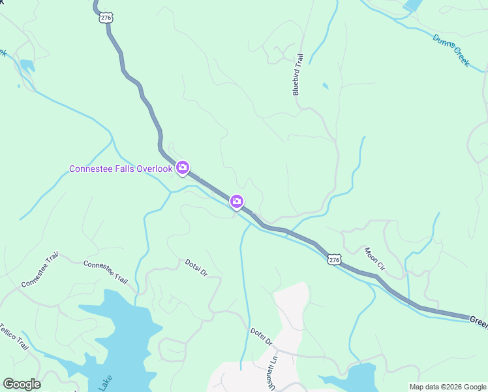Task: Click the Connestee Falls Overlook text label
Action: pos(121,169)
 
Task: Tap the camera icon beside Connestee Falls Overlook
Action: pos(183,168)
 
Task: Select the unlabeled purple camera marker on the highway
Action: pos(237,202)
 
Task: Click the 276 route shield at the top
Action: pos(106,18)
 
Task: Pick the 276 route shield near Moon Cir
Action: pos(334,260)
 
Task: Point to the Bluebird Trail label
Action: pos(299,76)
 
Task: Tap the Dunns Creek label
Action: pos(451,48)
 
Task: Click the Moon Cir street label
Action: pos(375,259)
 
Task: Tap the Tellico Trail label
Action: pos(14,336)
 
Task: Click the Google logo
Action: pos(22,384)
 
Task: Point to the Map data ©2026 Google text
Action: pos(447,387)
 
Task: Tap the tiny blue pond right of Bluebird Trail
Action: pos(325,86)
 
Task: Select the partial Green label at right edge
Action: pos(478,321)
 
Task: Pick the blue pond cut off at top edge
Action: pos(412,5)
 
